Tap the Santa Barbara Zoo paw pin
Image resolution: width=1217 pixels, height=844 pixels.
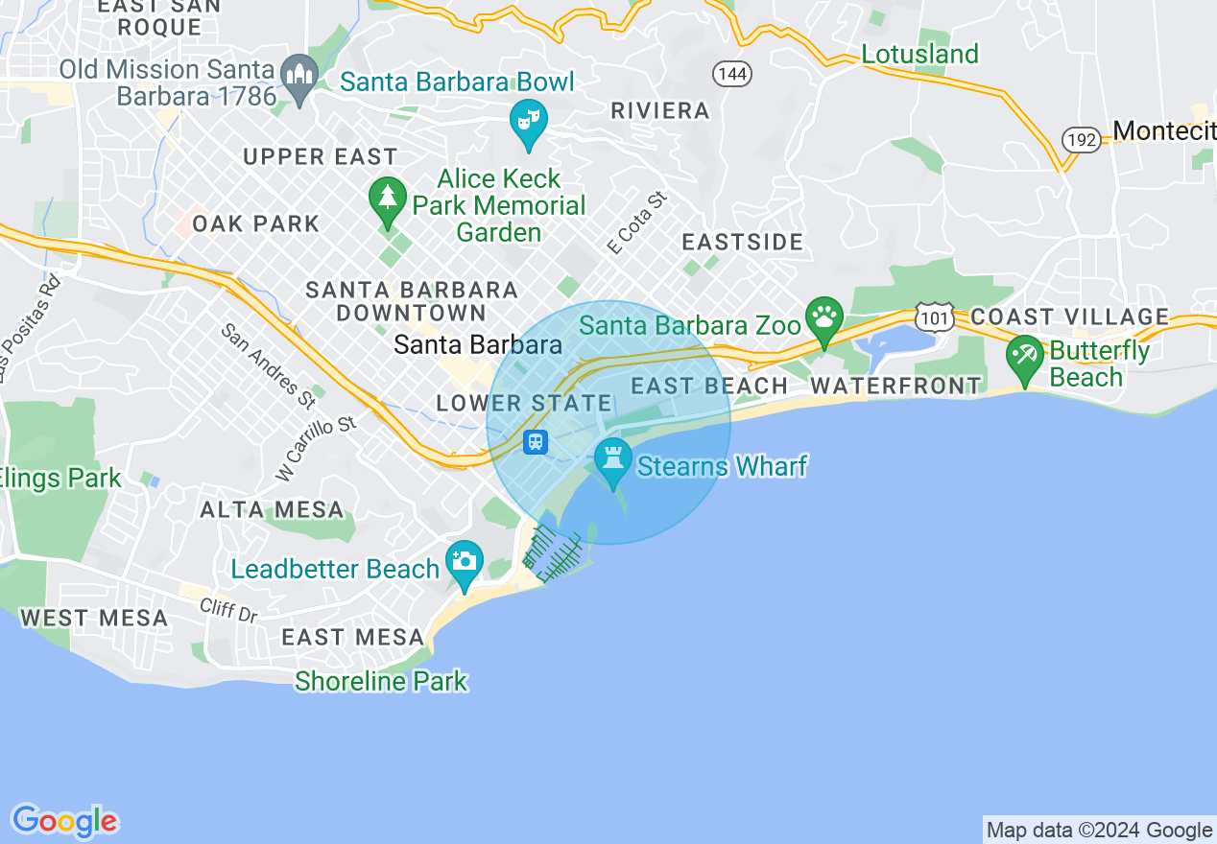point(823,317)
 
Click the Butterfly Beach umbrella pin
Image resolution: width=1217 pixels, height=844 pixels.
point(1025,358)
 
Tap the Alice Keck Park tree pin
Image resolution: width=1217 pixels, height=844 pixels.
point(387,199)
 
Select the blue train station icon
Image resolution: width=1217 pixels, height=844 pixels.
point(536,442)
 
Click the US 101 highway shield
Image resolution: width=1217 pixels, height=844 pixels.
point(934,316)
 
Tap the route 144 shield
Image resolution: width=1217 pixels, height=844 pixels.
point(731,74)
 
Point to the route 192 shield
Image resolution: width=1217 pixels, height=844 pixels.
point(1081,140)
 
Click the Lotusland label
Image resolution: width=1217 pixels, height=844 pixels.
point(919,54)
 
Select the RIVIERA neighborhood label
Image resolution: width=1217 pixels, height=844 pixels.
point(660,110)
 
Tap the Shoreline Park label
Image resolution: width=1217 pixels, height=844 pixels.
point(381,681)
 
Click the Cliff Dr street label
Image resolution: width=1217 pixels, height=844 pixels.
point(228,610)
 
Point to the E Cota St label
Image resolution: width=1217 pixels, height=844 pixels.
point(636,223)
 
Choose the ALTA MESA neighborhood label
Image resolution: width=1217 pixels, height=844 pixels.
point(272,509)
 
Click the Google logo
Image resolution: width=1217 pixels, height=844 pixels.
point(64,821)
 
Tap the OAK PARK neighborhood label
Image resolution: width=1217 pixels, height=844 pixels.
point(255,223)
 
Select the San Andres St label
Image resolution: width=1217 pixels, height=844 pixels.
point(268,363)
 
